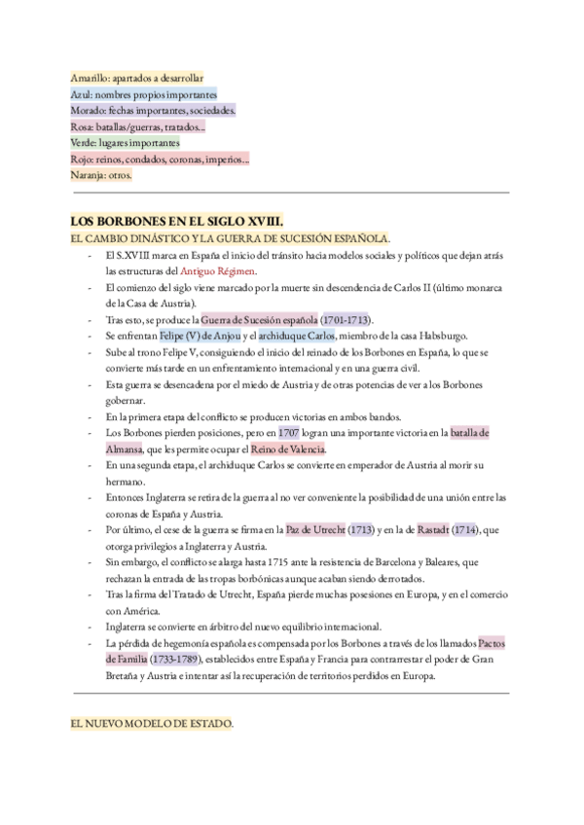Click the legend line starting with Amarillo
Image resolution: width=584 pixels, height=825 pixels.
point(137,78)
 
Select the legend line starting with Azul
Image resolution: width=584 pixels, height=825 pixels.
point(143,94)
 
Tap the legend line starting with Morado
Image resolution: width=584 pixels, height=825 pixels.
point(153,111)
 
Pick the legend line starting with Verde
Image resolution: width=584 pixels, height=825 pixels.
point(131,143)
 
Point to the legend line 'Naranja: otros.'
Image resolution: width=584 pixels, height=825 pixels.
point(101,176)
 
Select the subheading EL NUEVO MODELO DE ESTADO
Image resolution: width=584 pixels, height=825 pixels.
point(152,725)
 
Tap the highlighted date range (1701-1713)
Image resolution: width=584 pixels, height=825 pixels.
point(347,320)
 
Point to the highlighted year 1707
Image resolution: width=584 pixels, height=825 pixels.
point(288,433)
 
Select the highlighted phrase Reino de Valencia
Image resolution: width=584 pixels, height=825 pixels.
point(288,449)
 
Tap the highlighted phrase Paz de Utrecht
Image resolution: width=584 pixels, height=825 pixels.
point(315,530)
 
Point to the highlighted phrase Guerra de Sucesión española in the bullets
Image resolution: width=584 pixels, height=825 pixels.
point(260,320)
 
